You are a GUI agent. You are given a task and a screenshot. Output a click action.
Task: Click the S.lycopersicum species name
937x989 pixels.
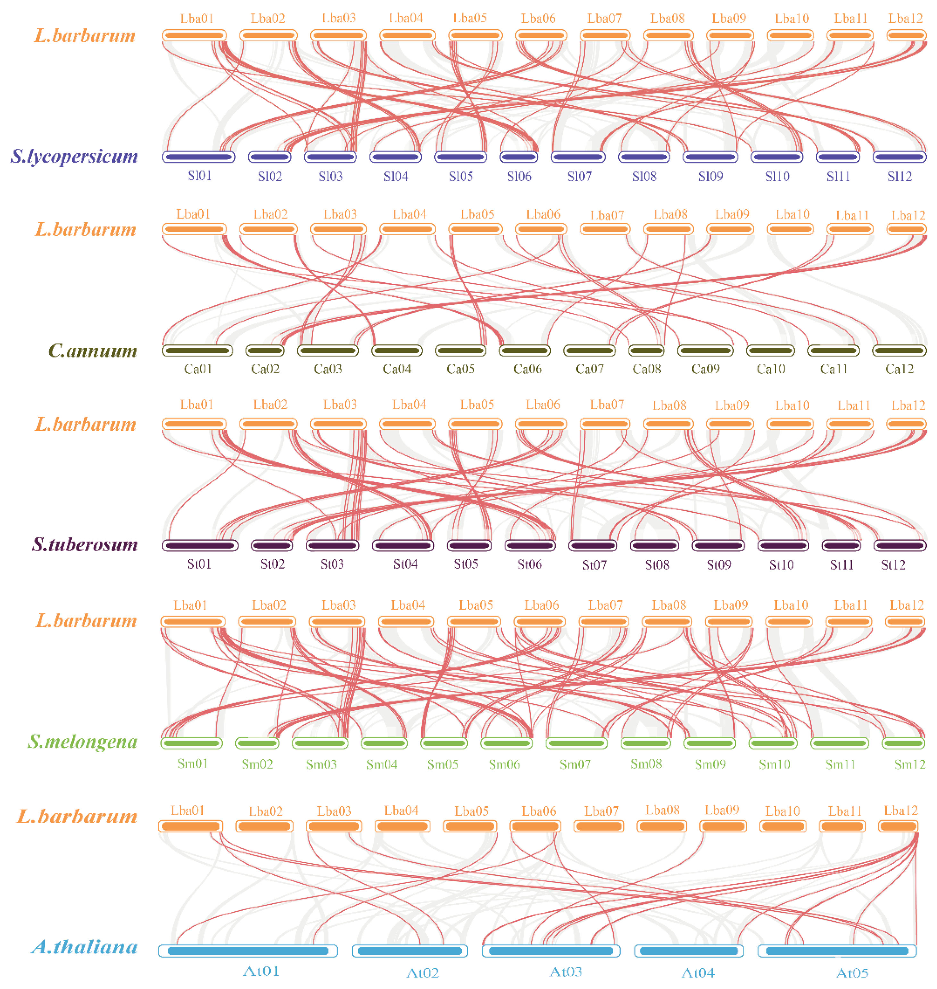(x=74, y=156)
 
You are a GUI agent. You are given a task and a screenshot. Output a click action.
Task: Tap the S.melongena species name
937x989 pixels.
(x=82, y=741)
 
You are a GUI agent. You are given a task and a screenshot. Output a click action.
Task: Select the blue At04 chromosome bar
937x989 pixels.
(x=688, y=951)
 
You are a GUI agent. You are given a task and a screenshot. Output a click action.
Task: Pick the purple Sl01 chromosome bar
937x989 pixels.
(x=198, y=157)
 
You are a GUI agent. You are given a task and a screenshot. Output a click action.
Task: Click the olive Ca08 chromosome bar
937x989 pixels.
(x=646, y=351)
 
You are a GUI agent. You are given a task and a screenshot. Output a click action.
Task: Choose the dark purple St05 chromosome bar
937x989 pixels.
(x=468, y=545)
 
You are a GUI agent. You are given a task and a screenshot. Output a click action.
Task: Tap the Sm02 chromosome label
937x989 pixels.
(x=257, y=764)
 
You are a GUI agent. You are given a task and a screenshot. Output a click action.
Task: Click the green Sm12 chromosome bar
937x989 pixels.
(x=903, y=743)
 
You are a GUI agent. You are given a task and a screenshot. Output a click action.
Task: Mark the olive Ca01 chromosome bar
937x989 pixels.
(x=197, y=351)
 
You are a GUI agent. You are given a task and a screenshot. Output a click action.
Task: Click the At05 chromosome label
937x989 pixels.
(x=852, y=973)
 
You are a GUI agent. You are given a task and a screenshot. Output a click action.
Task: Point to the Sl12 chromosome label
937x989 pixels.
(x=899, y=176)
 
